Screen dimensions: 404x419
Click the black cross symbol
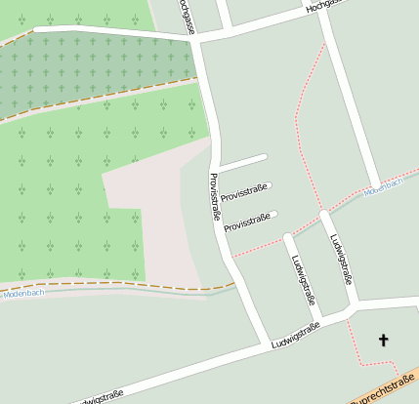click(383, 340)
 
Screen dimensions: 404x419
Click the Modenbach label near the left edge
click(23, 293)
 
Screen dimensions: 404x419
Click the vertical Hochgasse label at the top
click(189, 16)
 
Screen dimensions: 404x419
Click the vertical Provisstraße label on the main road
click(215, 196)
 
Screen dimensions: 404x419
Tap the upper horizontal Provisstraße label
click(244, 193)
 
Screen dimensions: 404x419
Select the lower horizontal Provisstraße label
click(248, 222)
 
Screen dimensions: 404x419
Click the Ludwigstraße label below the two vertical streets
click(296, 337)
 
